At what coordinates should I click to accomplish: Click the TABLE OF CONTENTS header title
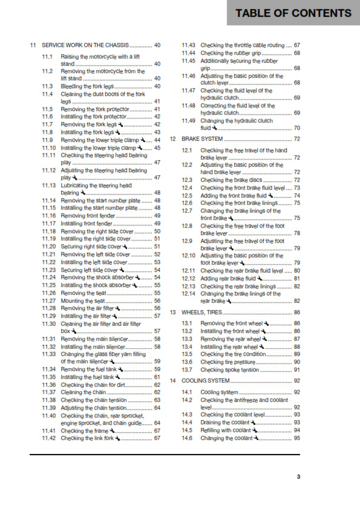[x=293, y=13]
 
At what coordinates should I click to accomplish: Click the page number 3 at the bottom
[x=298, y=478]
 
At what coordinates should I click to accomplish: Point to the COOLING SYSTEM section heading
[x=206, y=381]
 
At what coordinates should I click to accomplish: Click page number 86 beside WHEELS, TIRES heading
[x=296, y=313]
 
